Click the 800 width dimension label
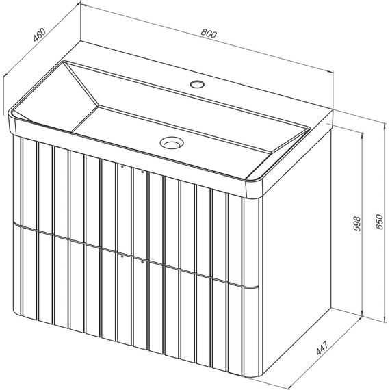click(209, 34)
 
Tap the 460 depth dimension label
click(40, 35)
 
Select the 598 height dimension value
click(356, 224)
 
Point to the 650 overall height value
click(379, 222)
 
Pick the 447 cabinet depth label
click(322, 348)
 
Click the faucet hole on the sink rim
click(197, 84)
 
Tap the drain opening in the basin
click(172, 143)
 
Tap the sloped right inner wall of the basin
click(281, 153)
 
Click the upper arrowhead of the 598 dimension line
click(362, 135)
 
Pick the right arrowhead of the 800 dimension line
click(330, 71)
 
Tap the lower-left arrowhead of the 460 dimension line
click(6, 74)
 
